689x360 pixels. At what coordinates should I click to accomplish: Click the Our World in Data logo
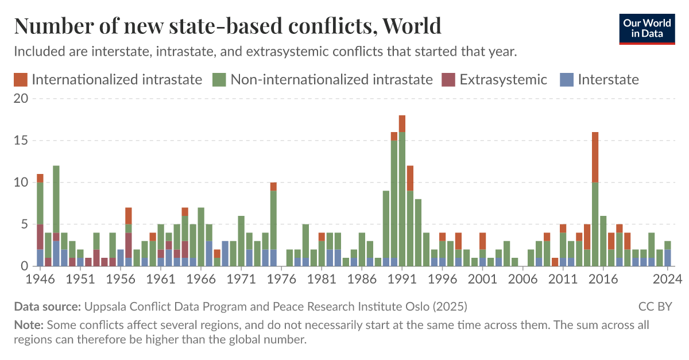tap(647, 28)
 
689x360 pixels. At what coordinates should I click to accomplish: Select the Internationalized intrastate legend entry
tap(109, 79)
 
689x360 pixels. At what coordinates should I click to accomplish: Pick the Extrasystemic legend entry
tap(494, 79)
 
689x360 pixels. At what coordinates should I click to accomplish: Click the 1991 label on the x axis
tap(402, 278)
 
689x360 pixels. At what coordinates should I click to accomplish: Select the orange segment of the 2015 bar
tap(595, 157)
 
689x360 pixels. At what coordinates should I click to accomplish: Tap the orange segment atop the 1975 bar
tap(274, 187)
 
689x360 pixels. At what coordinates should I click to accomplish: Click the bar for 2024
tap(668, 253)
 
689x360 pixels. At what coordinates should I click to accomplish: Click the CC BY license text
tap(655, 306)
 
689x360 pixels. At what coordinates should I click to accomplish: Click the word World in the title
tap(411, 26)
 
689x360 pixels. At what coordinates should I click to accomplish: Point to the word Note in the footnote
tap(27, 325)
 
